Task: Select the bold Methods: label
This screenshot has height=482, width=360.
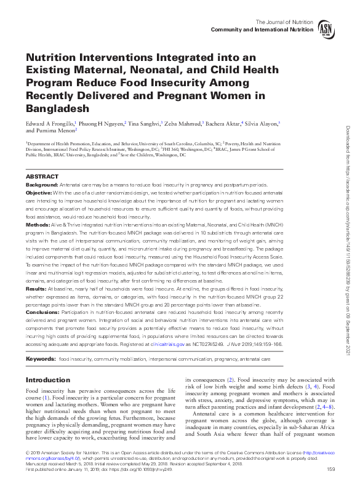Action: click(38, 225)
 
